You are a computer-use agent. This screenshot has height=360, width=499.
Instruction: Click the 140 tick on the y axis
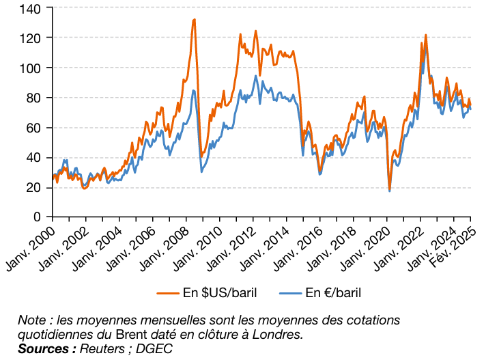[x=33, y=8]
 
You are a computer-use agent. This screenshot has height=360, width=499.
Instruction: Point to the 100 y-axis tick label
[x=33, y=68]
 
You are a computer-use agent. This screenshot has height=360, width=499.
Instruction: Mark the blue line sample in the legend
[x=289, y=293]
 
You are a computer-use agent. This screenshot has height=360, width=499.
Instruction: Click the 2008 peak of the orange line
[x=195, y=19]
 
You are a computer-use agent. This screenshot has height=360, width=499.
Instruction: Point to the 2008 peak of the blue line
[x=194, y=90]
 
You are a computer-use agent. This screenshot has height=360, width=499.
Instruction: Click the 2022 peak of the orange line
[x=425, y=35]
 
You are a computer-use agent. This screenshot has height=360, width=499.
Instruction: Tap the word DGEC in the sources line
[x=154, y=348]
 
